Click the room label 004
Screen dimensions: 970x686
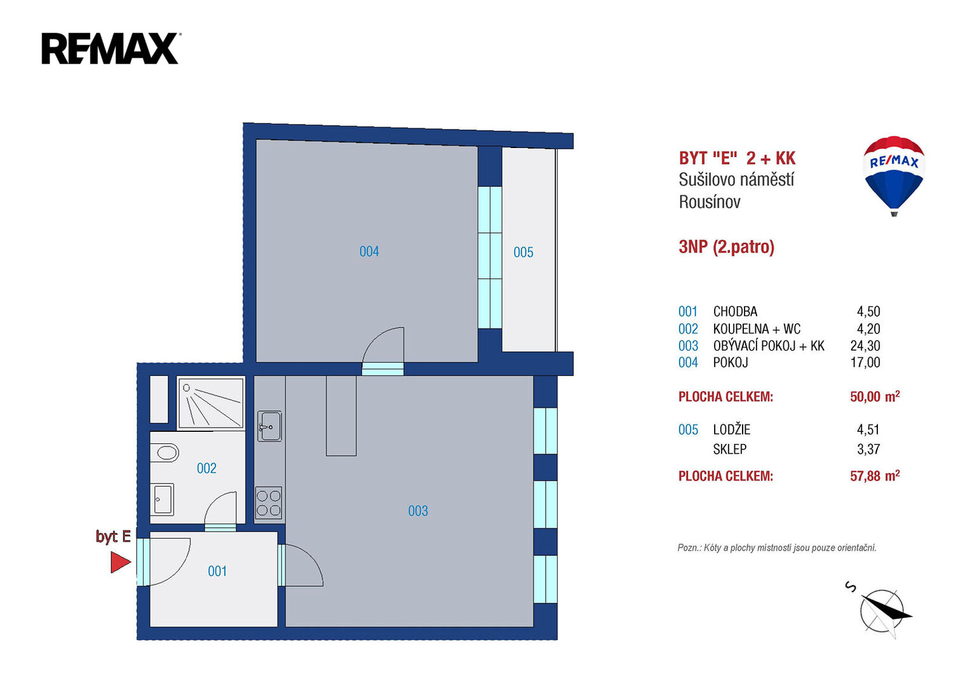[x=369, y=252]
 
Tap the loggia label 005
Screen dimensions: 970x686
[x=523, y=253]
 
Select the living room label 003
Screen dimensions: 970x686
[x=418, y=511]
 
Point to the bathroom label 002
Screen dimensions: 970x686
[x=206, y=468]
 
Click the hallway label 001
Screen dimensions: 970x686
[x=217, y=571]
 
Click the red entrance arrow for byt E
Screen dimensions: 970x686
[x=120, y=562]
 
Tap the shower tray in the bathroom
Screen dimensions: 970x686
[x=211, y=403]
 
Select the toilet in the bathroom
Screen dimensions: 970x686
[x=165, y=453]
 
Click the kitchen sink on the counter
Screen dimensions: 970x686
[x=269, y=426]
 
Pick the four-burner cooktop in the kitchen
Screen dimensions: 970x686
[x=269, y=503]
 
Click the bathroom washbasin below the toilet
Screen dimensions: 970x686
[x=163, y=500]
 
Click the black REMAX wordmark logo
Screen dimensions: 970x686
[x=111, y=48]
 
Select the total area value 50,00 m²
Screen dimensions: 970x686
[x=875, y=396]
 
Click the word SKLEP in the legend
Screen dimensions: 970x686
[x=730, y=450]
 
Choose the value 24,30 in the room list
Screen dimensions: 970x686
[x=865, y=346]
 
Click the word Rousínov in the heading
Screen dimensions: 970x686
[x=710, y=202]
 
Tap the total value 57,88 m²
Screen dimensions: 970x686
[x=875, y=476]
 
